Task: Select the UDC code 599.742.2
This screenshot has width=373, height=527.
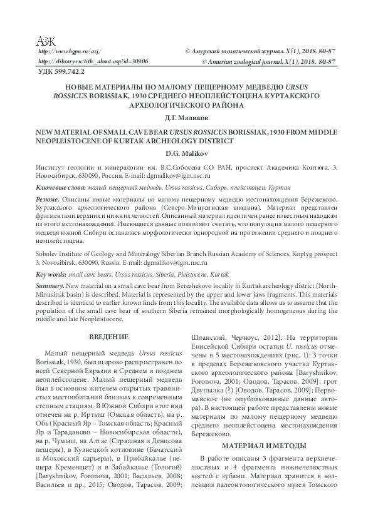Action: (61, 73)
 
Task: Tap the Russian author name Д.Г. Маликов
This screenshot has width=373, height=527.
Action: (187, 117)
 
